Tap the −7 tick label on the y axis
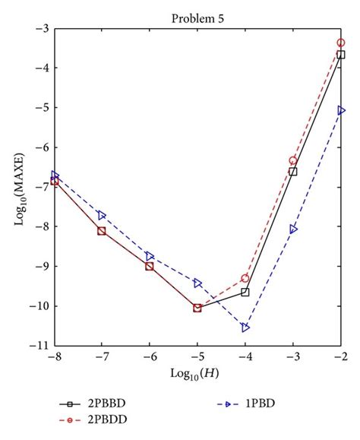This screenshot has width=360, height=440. pos(39,187)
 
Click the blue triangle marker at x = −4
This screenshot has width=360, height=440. pos(245,328)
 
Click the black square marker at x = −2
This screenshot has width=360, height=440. pos(341,55)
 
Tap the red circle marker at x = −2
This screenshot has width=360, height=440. pos(341,43)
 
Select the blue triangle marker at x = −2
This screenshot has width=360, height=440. pos(341,110)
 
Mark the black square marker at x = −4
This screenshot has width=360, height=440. pos(245,292)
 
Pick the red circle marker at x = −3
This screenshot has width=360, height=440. pos(293,160)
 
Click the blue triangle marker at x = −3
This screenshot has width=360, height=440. pos(293,229)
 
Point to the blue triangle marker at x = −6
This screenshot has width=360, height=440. pos(150,256)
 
